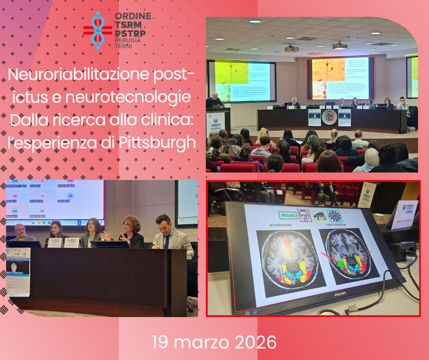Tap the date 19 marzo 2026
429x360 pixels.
pyautogui.click(x=214, y=342)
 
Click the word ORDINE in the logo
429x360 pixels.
pyautogui.click(x=133, y=16)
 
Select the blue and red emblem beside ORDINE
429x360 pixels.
pyautogui.click(x=97, y=31)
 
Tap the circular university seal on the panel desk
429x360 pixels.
pyautogui.click(x=329, y=116)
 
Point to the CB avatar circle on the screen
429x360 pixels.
pyautogui.click(x=70, y=196)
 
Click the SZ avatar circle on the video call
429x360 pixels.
pyautogui.click(x=42, y=196)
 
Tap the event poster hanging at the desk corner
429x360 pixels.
pyautogui.click(x=18, y=271)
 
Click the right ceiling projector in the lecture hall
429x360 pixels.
pyautogui.click(x=339, y=46)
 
